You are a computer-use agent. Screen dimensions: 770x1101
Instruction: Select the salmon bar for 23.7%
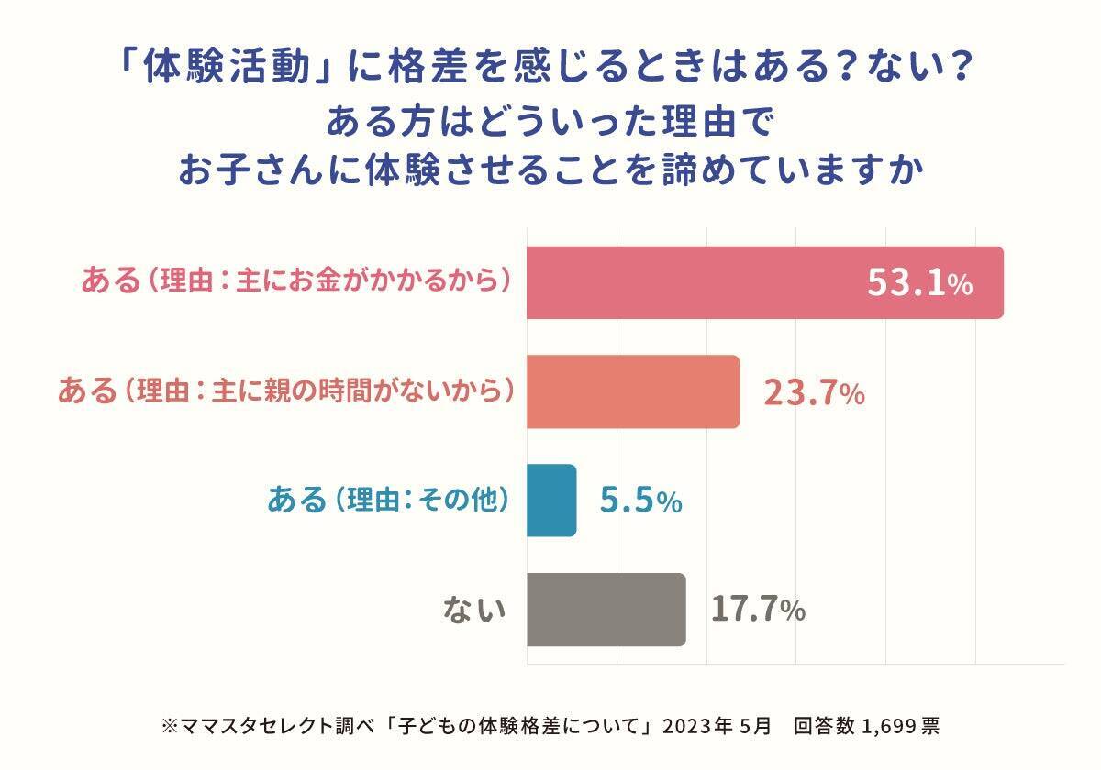(633, 391)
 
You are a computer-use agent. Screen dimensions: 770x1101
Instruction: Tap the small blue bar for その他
(551, 500)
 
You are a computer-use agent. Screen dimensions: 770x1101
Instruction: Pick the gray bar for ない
(606, 610)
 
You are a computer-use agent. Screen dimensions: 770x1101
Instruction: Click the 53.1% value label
(919, 284)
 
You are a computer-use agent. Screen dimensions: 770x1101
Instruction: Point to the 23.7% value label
(814, 393)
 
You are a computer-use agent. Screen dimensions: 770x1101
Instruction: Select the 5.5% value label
(640, 501)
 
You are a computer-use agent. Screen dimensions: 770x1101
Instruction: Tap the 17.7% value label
(758, 610)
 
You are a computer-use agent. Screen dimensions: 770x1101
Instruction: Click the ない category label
(475, 610)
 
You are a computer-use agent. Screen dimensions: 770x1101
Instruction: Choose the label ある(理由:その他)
(387, 500)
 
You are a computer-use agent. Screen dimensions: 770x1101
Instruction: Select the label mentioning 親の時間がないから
(284, 391)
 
